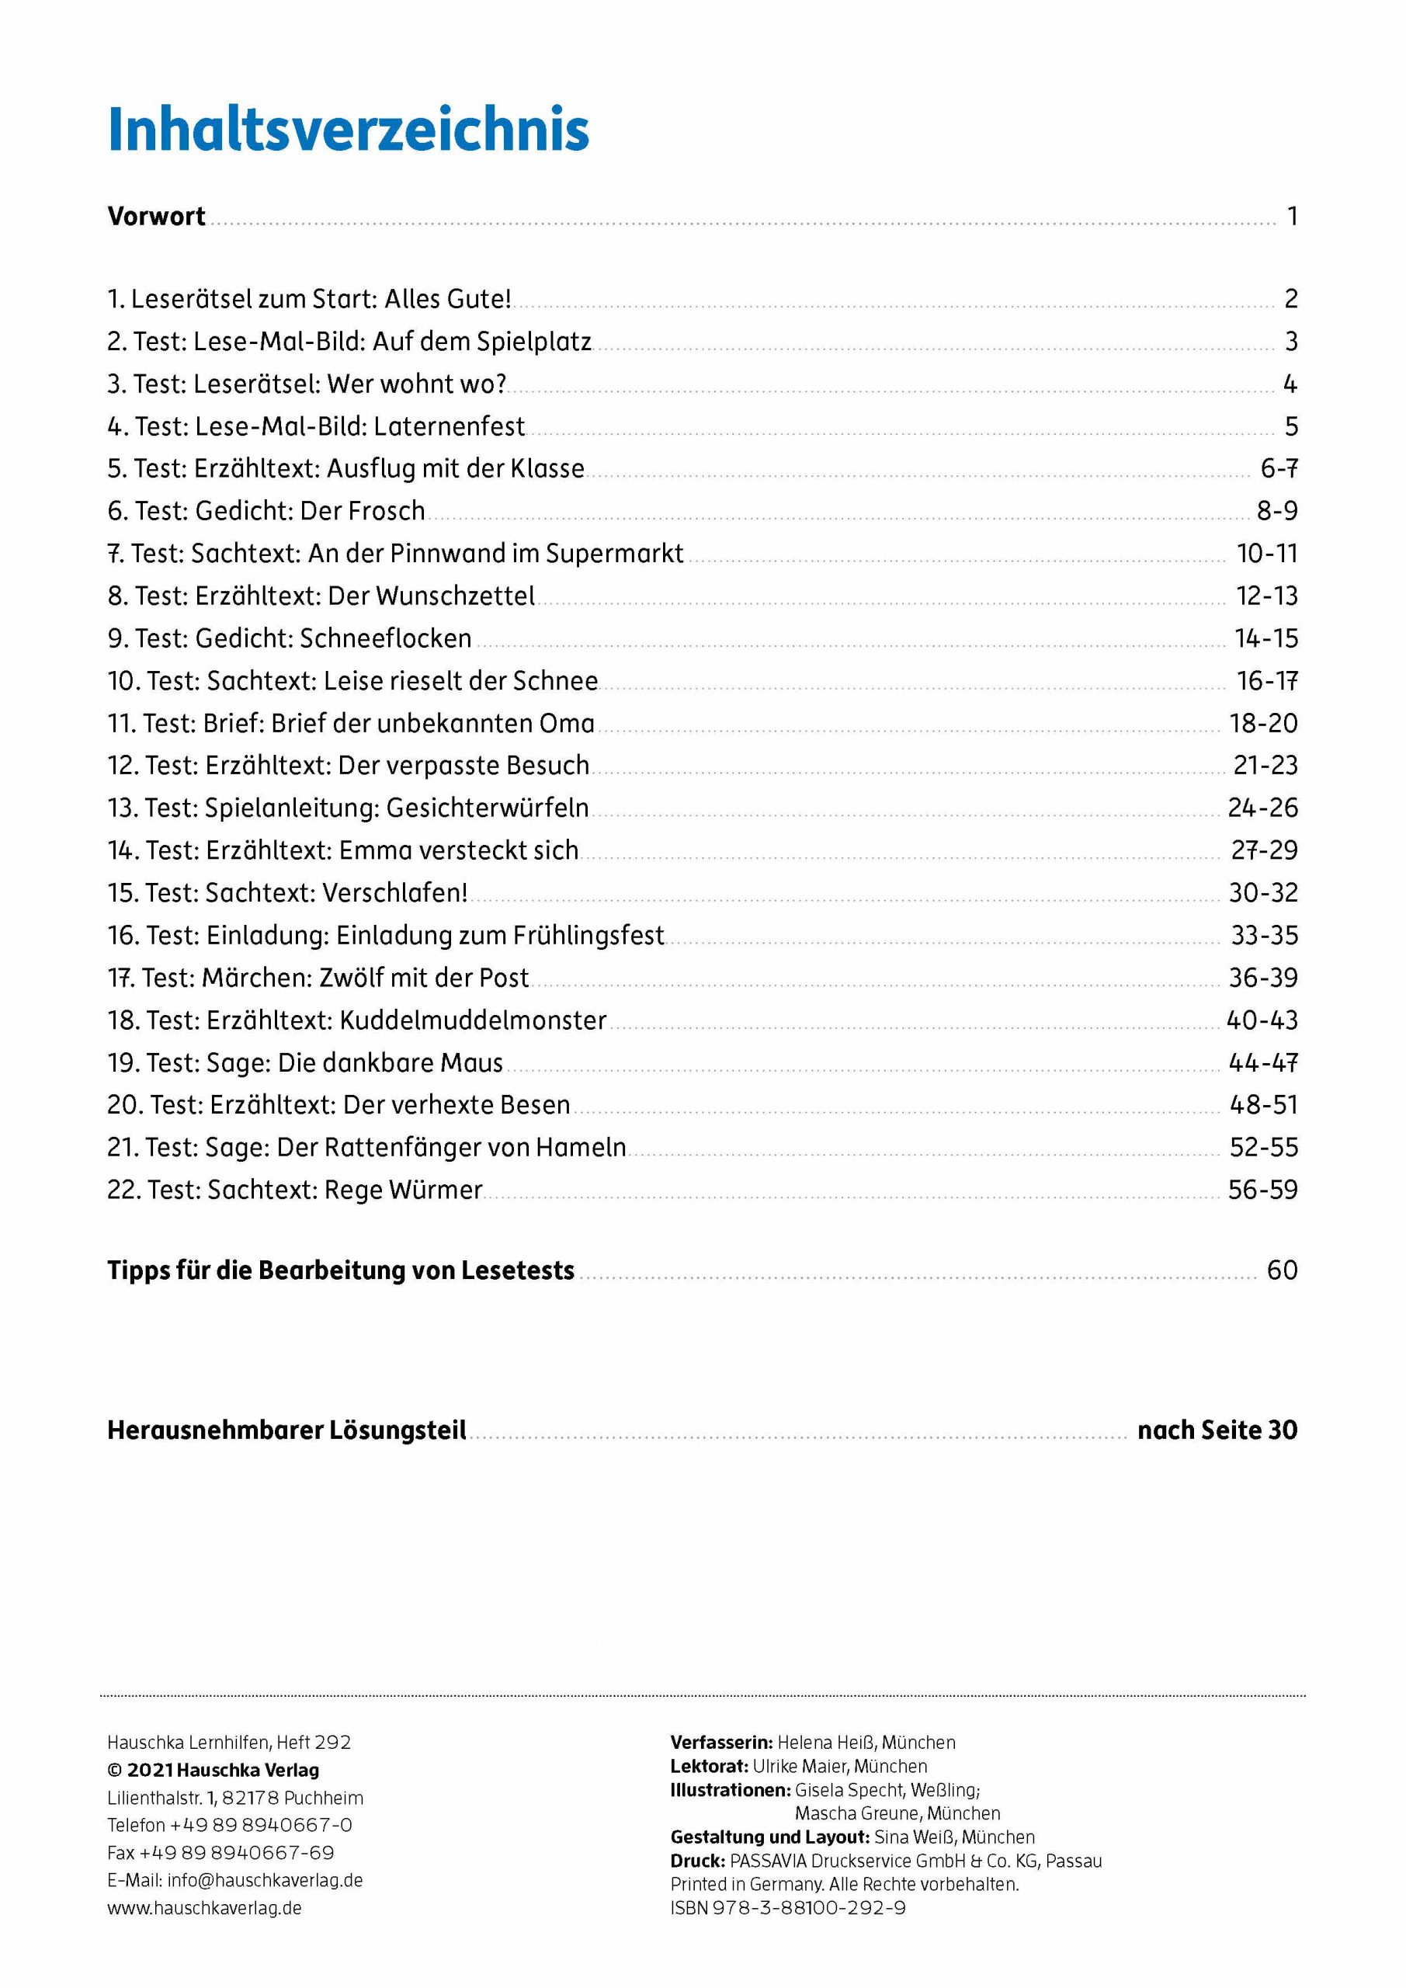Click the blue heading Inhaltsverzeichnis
coord(348,130)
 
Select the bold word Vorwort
coord(156,216)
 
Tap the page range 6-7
coord(1279,468)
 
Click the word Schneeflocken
coord(385,638)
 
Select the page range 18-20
coord(1263,723)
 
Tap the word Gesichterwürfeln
coord(488,808)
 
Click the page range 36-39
coord(1263,978)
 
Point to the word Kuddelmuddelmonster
coord(473,1020)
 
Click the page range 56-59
coord(1263,1190)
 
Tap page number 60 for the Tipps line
coord(1283,1270)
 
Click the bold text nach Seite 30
coord(1217,1430)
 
